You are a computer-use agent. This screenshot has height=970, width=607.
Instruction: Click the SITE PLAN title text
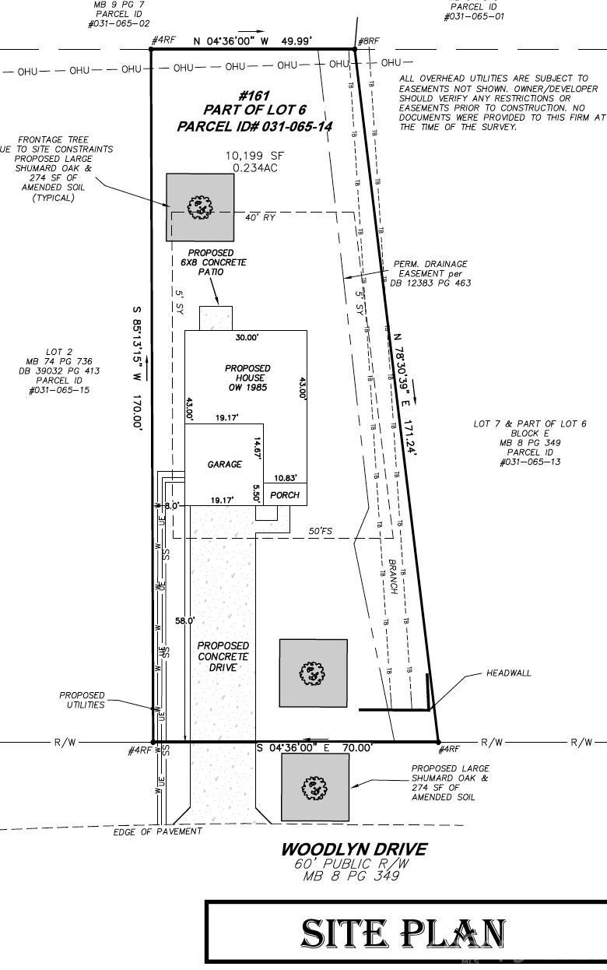tap(403, 933)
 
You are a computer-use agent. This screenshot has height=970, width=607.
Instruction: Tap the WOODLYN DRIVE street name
tap(353, 849)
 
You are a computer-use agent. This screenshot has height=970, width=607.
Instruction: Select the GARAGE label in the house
tap(224, 464)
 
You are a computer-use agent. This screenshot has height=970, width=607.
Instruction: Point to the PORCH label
tap(285, 495)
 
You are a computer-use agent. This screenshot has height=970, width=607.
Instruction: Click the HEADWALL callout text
tap(509, 673)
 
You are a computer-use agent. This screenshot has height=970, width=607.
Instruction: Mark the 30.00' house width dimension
tap(247, 338)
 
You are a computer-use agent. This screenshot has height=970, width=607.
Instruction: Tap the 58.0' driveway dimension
tap(184, 620)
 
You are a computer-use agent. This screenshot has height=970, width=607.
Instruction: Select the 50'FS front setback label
tap(320, 531)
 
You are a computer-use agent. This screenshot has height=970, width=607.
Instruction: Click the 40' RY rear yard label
tap(260, 218)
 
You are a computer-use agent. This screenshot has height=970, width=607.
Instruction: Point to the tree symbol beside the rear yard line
tap(200, 207)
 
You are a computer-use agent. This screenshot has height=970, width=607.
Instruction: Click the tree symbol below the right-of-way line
tap(315, 787)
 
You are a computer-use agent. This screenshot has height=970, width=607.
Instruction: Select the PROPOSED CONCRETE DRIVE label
tap(223, 656)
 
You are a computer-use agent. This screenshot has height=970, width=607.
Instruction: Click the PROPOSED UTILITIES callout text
tap(82, 700)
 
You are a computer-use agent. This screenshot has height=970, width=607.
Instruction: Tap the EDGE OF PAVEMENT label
tap(157, 831)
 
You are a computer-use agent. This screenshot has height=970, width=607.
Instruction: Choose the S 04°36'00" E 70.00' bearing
tap(314, 747)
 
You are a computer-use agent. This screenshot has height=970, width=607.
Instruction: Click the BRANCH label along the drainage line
tap(393, 577)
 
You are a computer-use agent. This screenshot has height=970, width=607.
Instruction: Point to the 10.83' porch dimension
tap(285, 477)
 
